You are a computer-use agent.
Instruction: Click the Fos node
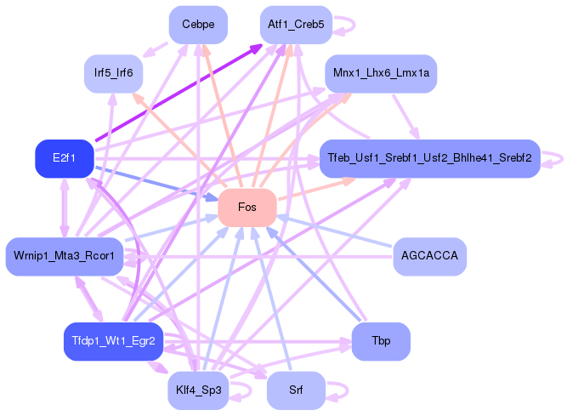pyautogui.click(x=247, y=208)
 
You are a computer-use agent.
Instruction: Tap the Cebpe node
pyautogui.click(x=198, y=25)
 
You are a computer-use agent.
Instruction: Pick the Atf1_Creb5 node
pyautogui.click(x=296, y=25)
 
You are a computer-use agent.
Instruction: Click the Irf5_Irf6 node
pyautogui.click(x=113, y=73)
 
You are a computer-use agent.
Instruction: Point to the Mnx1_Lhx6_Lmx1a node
pyautogui.click(x=382, y=74)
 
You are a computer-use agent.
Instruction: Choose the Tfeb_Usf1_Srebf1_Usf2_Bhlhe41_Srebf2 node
pyautogui.click(x=429, y=158)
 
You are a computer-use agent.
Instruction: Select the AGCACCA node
pyautogui.click(x=430, y=256)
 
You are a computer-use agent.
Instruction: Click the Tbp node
pyautogui.click(x=381, y=341)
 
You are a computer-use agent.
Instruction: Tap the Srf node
pyautogui.click(x=296, y=390)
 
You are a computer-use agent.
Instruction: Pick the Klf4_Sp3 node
pyautogui.click(x=197, y=390)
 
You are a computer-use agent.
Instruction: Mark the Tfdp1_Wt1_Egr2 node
pyautogui.click(x=113, y=341)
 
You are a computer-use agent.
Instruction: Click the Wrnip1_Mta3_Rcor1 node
pyautogui.click(x=65, y=256)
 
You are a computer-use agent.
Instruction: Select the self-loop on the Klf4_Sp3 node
pyautogui.click(x=246, y=390)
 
